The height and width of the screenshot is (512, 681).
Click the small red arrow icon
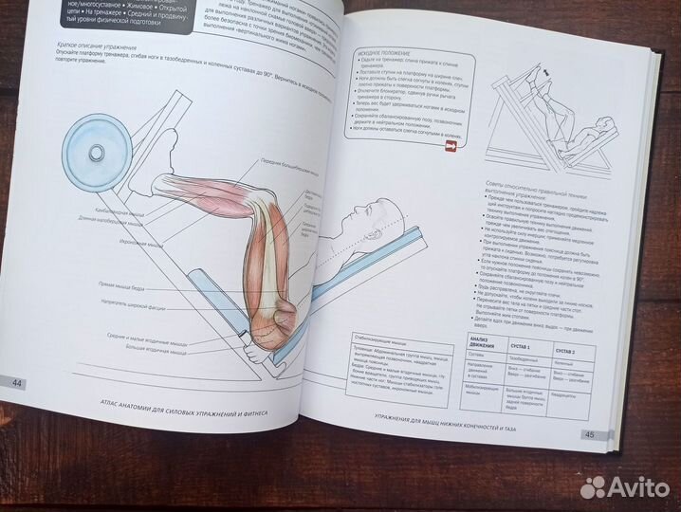(451, 147)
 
